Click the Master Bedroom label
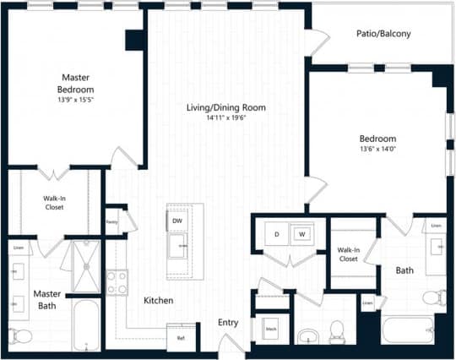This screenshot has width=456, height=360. pos(75,83)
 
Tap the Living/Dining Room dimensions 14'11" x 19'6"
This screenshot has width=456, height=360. pos(227,118)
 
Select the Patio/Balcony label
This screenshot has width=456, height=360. pos(383,34)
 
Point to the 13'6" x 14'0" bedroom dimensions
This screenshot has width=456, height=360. pos(377,150)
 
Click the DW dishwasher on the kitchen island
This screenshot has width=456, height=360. pos(177,221)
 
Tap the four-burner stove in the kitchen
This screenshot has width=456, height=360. pos(117,281)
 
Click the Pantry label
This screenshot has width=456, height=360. pos(111,224)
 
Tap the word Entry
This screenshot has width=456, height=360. pos(228,322)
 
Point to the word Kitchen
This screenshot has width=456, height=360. pos(158,300)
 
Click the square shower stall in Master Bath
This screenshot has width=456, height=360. pos(86,265)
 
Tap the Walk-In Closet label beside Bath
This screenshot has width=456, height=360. pos(350,254)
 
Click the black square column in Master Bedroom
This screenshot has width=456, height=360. pos(134,40)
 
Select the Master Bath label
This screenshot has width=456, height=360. pos(46,299)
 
